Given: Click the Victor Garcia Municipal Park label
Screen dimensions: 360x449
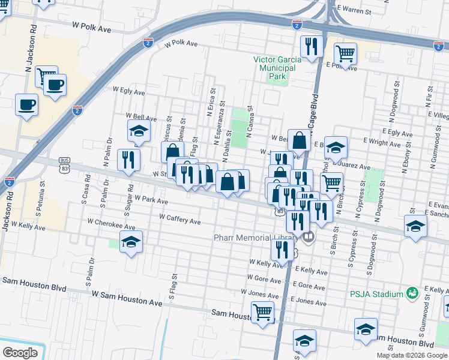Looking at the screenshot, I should pos(274,68).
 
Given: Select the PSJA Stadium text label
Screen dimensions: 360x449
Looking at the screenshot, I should pos(376,294).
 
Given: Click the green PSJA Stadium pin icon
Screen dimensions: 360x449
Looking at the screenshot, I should pos(412,293).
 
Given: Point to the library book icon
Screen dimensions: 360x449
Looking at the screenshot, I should pos(309,238).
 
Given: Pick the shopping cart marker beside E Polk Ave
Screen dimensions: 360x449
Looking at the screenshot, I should pos(345,54).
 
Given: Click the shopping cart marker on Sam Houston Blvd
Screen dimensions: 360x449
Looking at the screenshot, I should pos(262,312).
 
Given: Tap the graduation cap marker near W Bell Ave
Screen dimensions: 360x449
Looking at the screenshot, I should pos(139,131).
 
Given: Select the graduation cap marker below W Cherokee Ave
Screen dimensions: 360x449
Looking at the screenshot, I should pos(131,242).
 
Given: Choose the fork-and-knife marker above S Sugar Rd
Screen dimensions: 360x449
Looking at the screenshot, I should pos(128,160).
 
